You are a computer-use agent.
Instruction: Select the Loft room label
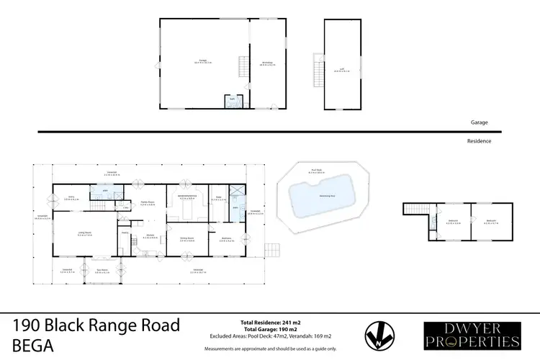pyautogui.click(x=342, y=70)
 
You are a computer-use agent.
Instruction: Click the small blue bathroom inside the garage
pyautogui.click(x=232, y=102)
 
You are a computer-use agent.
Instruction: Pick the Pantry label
pyautogui.click(x=125, y=233)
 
